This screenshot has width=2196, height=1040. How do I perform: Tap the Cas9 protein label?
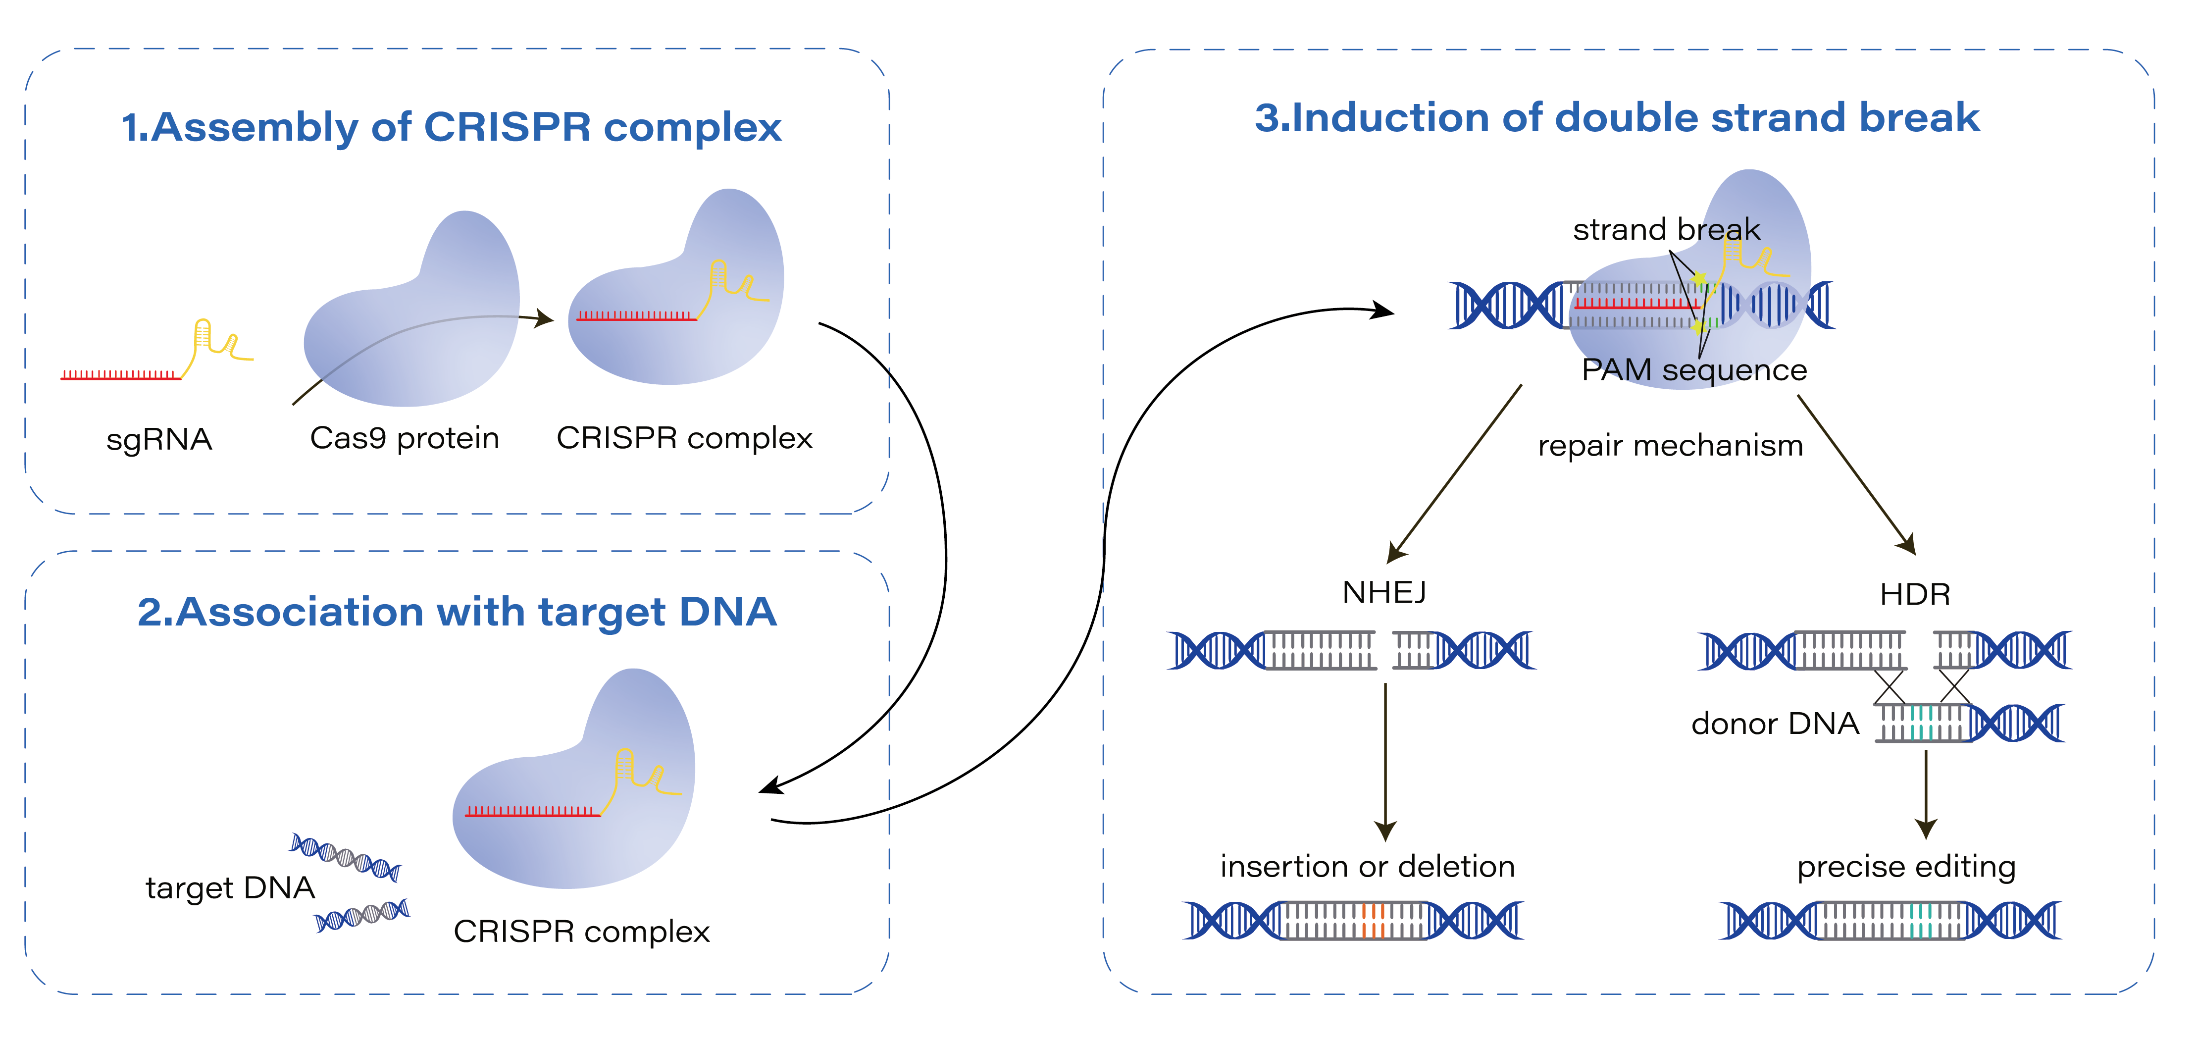[404, 438]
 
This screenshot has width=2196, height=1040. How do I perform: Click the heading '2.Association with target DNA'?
[457, 612]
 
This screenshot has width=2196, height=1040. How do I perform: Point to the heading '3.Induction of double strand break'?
[1616, 118]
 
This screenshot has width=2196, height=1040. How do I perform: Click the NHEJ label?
[1383, 592]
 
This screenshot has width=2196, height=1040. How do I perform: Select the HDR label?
[1915, 594]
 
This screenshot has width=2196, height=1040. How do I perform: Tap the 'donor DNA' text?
[1775, 724]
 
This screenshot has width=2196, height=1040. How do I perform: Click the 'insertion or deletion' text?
[1368, 867]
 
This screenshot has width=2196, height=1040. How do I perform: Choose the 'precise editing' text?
[1906, 867]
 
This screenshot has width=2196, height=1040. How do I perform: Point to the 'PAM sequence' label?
[1694, 370]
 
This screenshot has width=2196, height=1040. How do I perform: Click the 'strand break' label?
[1666, 229]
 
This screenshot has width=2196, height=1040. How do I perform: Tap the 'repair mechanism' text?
[1670, 446]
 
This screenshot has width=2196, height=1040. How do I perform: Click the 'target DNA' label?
[230, 888]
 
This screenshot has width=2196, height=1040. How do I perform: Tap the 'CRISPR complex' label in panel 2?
[581, 932]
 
